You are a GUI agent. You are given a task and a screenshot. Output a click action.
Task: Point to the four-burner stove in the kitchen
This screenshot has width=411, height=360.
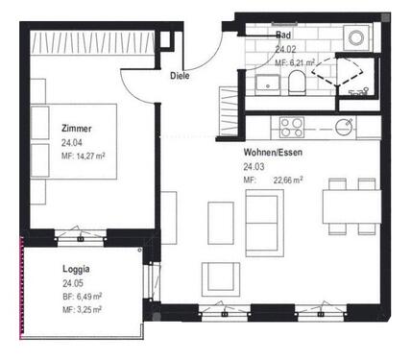click(289, 125)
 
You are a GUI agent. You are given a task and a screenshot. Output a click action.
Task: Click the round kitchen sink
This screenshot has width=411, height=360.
click(343, 126)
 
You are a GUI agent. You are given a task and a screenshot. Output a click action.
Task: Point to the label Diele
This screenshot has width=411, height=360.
click(179, 75)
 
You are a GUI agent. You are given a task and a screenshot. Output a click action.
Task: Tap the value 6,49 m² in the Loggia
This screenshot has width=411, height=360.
click(88, 297)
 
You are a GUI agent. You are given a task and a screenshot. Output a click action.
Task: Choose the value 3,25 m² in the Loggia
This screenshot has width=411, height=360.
click(88, 309)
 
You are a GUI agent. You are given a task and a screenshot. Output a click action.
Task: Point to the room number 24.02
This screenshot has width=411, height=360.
click(285, 49)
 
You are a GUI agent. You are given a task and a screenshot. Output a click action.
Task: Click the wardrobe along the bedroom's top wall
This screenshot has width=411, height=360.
click(91, 43)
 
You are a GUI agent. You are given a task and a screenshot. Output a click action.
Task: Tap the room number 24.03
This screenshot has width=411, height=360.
click(254, 165)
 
